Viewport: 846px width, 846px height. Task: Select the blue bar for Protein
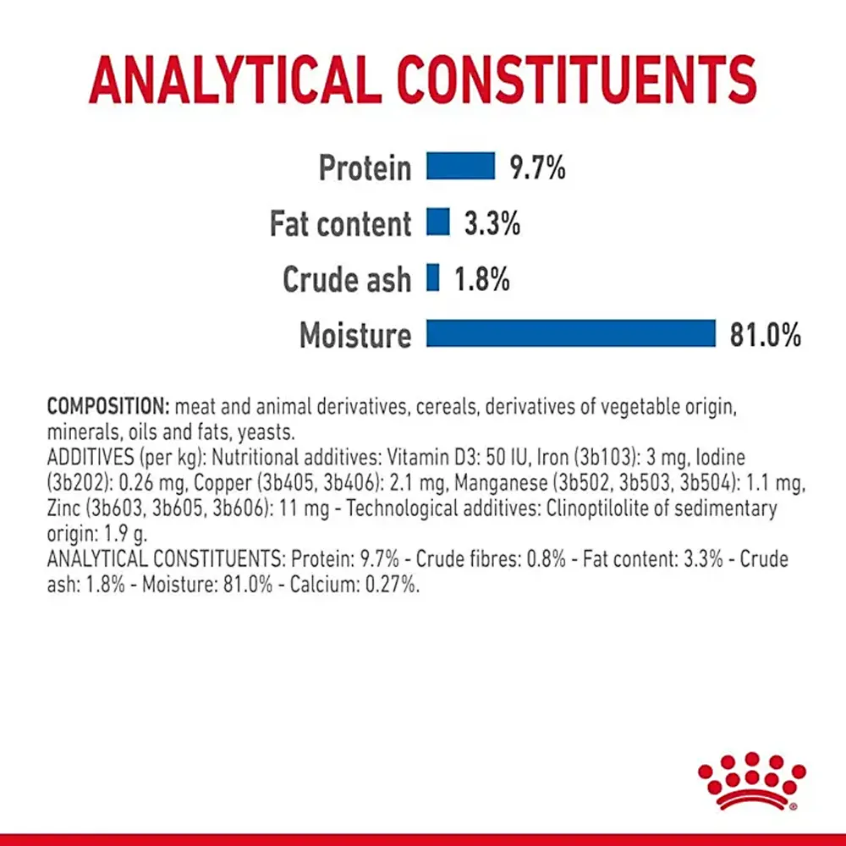460,166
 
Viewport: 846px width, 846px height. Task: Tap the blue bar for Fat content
438,222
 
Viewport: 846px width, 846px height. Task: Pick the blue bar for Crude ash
433,278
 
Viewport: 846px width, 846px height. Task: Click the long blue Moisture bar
571,333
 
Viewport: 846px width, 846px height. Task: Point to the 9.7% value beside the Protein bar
536,168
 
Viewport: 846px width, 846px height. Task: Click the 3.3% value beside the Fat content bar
492,223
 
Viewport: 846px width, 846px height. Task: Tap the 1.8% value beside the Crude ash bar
481,279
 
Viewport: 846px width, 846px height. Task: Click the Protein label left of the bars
365,168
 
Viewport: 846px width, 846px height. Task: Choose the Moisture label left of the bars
355,335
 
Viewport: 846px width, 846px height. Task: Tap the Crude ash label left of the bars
347,279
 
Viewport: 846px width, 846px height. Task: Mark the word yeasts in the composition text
264,431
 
